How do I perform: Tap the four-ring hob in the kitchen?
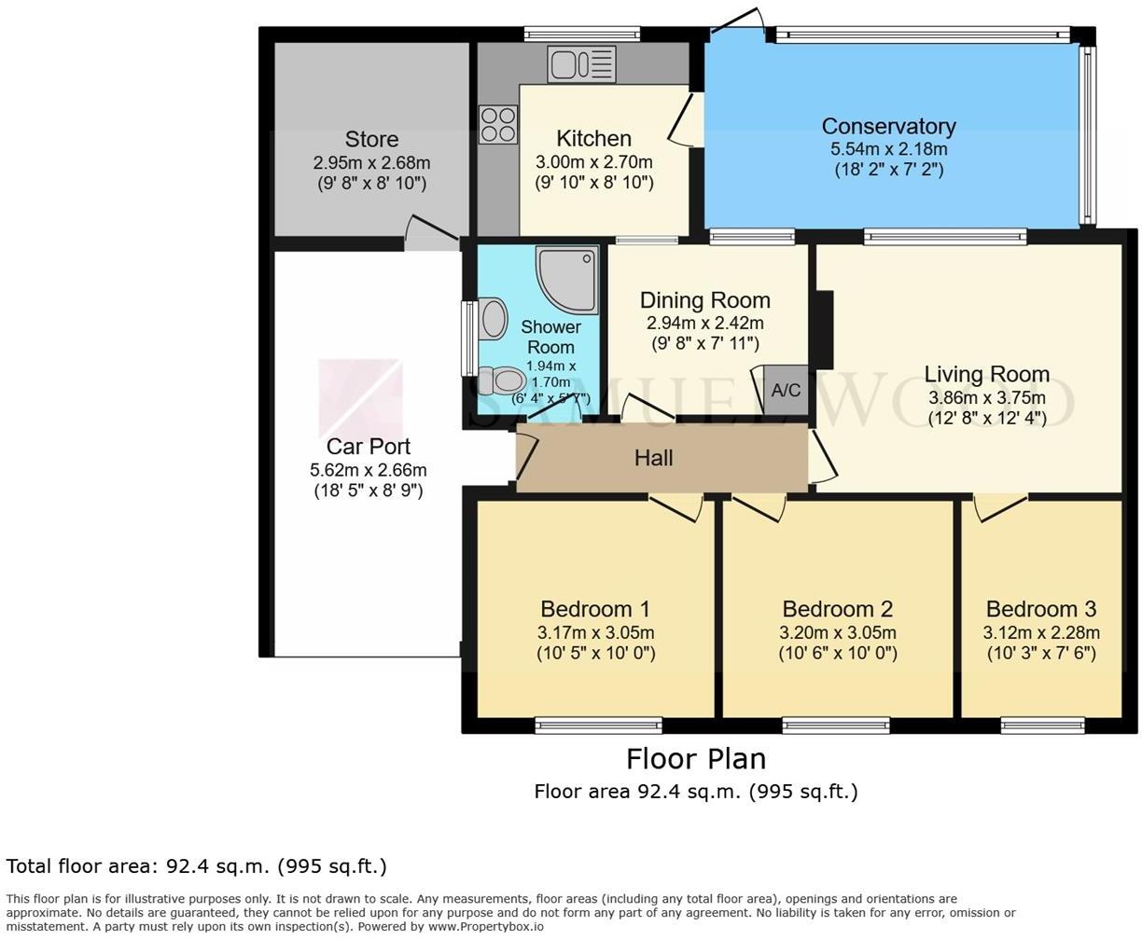[x=498, y=124]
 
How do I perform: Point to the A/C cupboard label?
[x=786, y=391]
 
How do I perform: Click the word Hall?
[x=653, y=458]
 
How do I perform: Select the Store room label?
[x=371, y=140]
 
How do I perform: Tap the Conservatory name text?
[x=888, y=126]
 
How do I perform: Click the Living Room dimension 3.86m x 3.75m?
[x=986, y=397]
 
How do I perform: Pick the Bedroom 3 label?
[x=1040, y=610]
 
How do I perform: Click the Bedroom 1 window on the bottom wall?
[x=598, y=725]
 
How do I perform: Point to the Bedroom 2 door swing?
[x=759, y=508]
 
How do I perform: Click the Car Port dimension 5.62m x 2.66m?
[x=368, y=470]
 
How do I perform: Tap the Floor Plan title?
[x=695, y=758]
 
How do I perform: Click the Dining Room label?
[x=704, y=300]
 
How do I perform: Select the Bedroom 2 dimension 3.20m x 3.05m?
[x=837, y=632]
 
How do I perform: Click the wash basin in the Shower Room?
[x=492, y=319]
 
